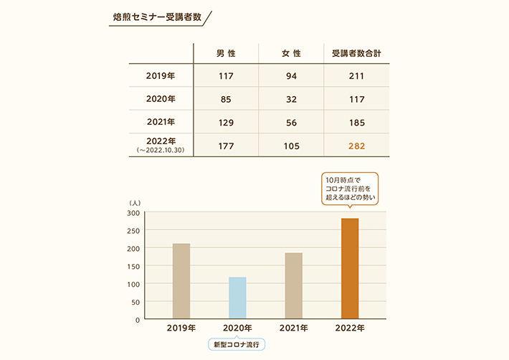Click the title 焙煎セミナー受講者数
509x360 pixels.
pos(157,17)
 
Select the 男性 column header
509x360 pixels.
pos(226,53)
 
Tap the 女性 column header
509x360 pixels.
pos(291,53)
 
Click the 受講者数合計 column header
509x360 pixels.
pos(356,53)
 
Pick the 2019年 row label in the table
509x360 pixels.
pos(161,75)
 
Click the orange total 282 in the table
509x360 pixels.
pos(357,146)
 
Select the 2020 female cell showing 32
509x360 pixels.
pos(291,100)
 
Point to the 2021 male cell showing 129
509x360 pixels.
pos(226,123)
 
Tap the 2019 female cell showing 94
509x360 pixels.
pos(291,76)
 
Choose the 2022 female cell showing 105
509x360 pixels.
pos(291,146)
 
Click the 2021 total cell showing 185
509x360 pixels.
pos(357,123)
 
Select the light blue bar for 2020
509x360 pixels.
pos(237,298)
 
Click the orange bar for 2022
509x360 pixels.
pos(350,268)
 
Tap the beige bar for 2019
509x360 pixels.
pos(181,281)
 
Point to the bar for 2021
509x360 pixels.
pos(294,285)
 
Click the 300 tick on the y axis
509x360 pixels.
pos(133,213)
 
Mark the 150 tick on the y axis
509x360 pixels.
pos(133,267)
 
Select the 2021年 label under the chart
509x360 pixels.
pos(294,328)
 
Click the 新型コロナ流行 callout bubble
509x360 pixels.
pos(237,344)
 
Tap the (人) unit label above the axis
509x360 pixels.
pos(135,203)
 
